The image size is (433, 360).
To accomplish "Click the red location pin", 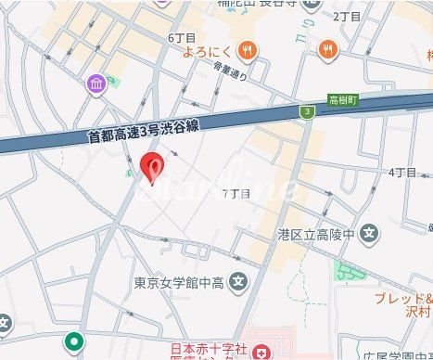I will pos(152,167).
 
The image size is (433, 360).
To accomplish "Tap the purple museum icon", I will pos(96,85).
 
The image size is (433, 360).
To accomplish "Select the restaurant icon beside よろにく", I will pos(246,51).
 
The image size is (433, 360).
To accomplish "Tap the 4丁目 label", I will pos(401,172).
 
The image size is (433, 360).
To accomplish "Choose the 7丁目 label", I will pos(237,193).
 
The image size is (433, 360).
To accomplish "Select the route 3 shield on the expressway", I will pos(304,112).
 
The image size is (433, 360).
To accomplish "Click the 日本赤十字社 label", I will pos(208,350).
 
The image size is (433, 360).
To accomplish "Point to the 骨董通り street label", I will pos(232,73).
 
